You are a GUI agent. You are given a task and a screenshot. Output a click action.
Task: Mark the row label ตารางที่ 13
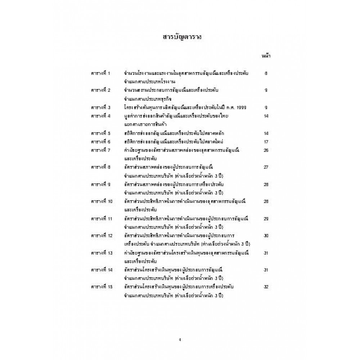coord(102,253)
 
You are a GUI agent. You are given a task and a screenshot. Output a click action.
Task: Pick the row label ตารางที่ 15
coord(102,287)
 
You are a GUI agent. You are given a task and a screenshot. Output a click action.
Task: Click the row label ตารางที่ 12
coord(102,235)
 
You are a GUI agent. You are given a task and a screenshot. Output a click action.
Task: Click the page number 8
coord(266,73)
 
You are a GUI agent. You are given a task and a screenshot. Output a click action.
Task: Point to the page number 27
coord(266,167)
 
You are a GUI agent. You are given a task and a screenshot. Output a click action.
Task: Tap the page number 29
coord(266,219)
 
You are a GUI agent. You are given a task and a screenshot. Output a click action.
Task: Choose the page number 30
coord(266,235)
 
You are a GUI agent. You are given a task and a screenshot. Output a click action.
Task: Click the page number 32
coord(266,287)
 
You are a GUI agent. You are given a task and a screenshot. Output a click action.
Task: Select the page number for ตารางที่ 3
coord(266,107)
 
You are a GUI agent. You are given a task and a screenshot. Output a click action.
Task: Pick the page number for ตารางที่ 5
coord(266,133)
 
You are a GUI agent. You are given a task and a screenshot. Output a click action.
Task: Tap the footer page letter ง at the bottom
coord(180,339)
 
